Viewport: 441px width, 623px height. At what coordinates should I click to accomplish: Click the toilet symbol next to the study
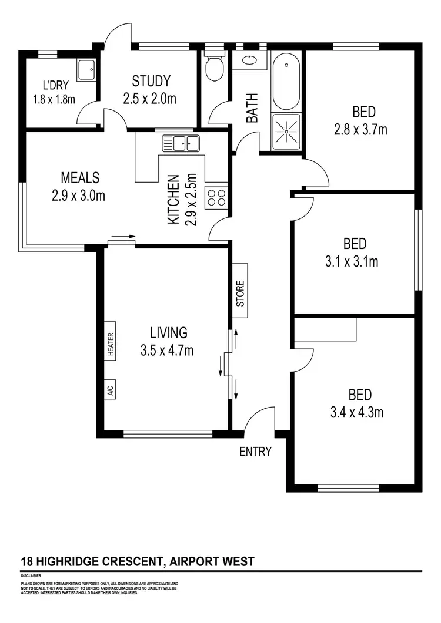click(215, 68)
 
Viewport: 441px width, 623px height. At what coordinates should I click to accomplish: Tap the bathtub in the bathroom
click(286, 81)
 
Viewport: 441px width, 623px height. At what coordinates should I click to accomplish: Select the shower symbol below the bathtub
click(286, 132)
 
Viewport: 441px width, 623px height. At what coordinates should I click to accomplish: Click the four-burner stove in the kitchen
click(216, 197)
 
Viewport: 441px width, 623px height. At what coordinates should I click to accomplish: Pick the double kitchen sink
click(182, 142)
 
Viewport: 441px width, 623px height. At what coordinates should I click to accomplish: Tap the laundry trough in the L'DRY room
click(87, 70)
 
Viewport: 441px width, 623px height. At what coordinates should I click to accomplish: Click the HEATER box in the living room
click(111, 344)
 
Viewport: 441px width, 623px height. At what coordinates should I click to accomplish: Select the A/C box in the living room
click(111, 389)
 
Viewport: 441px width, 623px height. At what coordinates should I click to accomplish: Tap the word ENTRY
click(256, 452)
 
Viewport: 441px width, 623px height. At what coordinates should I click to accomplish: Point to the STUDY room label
click(151, 81)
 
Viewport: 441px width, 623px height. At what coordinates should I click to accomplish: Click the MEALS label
click(79, 177)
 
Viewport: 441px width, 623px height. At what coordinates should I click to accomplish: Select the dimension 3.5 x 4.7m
click(167, 351)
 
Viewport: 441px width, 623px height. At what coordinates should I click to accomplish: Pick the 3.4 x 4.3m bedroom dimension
click(357, 412)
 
